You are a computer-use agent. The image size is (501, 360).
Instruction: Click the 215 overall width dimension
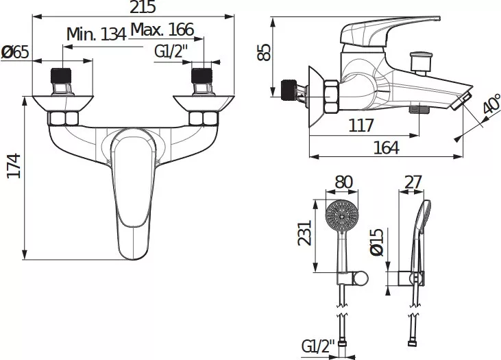click(143, 7)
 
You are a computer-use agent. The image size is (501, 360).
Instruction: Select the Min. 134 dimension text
click(96, 34)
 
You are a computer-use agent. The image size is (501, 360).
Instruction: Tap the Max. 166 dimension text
click(162, 29)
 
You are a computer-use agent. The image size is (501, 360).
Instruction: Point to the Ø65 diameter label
click(14, 52)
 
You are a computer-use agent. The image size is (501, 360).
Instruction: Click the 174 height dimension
click(14, 166)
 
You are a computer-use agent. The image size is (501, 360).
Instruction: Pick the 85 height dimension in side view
click(265, 52)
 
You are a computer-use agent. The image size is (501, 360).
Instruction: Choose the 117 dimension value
click(361, 125)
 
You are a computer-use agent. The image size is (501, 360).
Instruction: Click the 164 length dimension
click(386, 147)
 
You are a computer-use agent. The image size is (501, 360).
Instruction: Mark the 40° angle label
click(491, 104)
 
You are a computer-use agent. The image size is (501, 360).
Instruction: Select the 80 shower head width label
click(343, 182)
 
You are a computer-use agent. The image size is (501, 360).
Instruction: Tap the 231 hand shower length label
click(304, 232)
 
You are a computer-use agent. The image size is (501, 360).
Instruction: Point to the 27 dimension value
click(413, 182)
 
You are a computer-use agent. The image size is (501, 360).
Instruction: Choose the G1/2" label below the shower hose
click(318, 346)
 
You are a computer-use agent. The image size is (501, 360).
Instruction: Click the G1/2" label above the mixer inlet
click(171, 51)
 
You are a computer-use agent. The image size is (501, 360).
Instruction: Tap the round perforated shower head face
click(342, 216)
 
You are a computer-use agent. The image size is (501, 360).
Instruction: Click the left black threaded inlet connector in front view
click(61, 76)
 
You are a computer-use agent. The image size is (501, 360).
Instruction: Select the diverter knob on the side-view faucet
click(421, 63)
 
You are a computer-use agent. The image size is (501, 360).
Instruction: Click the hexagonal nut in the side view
click(331, 97)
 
